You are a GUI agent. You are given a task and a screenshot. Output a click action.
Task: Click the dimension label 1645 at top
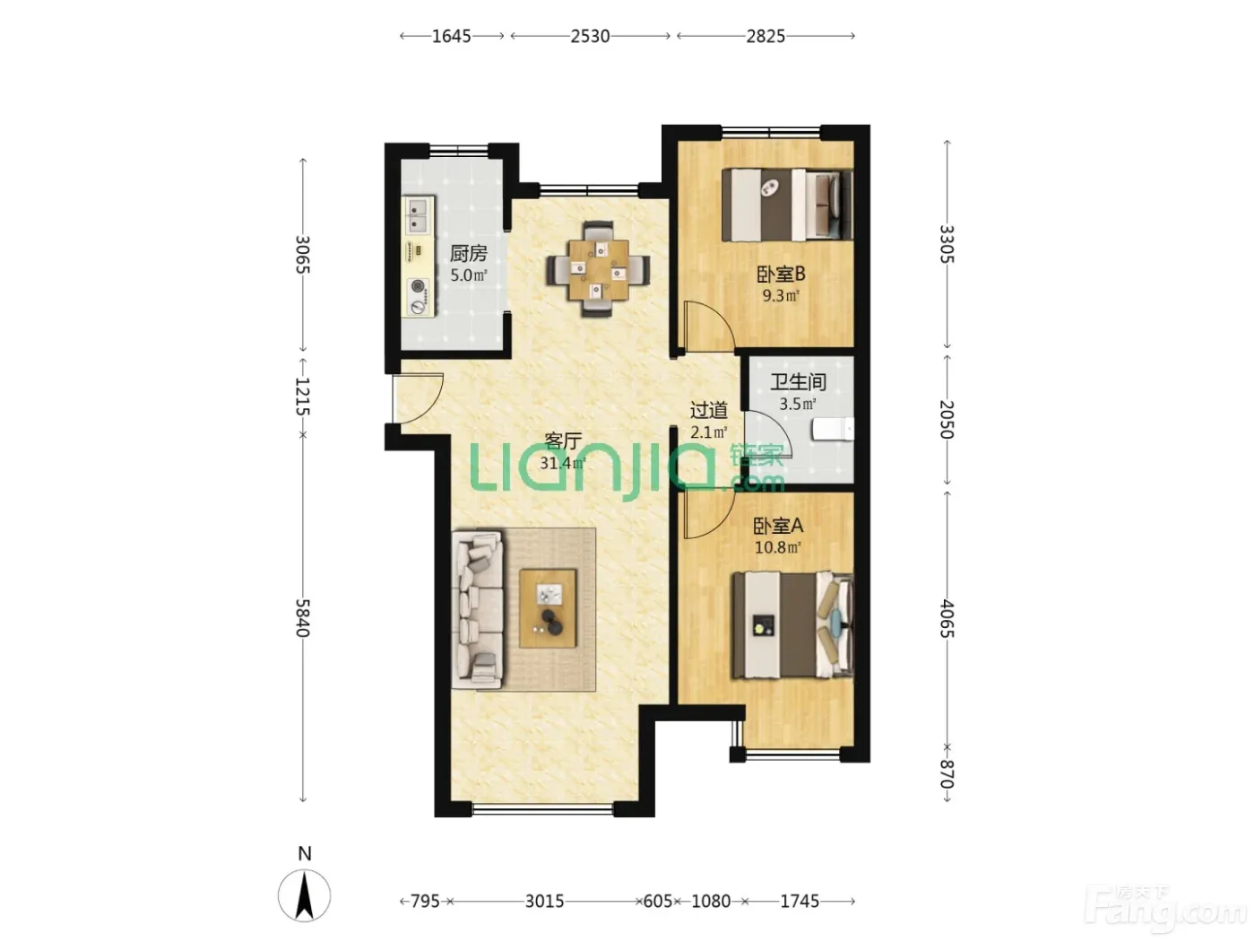[x=451, y=36]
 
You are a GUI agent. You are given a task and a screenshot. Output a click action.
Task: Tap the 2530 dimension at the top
[x=590, y=36]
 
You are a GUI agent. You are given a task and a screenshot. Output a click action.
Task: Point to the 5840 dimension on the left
[x=302, y=618]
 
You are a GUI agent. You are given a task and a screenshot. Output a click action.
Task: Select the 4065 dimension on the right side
[x=947, y=618]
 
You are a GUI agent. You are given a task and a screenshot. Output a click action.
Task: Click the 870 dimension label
[x=947, y=774]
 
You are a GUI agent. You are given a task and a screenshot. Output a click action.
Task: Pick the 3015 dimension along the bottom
[x=544, y=902]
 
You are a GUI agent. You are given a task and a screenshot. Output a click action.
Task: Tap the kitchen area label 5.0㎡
[x=468, y=275]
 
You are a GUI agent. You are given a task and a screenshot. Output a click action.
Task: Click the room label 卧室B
[x=781, y=275]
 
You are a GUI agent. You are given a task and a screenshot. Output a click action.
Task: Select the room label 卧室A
[x=778, y=526]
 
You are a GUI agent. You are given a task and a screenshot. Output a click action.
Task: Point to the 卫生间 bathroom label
[x=798, y=381]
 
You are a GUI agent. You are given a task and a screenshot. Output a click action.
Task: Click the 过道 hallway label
[x=708, y=410]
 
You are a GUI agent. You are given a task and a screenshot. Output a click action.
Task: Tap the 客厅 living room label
[x=563, y=441]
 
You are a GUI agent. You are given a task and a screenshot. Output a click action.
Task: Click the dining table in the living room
[x=598, y=269]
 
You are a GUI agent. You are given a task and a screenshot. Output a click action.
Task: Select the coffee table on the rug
[x=548, y=608]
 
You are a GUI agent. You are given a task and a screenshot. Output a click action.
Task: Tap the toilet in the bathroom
[x=833, y=429]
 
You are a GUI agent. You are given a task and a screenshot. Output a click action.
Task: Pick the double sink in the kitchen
[x=418, y=215]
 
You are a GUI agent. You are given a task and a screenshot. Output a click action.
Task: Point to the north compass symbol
[x=304, y=895]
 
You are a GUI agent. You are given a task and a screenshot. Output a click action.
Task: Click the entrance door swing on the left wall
[x=418, y=398]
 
